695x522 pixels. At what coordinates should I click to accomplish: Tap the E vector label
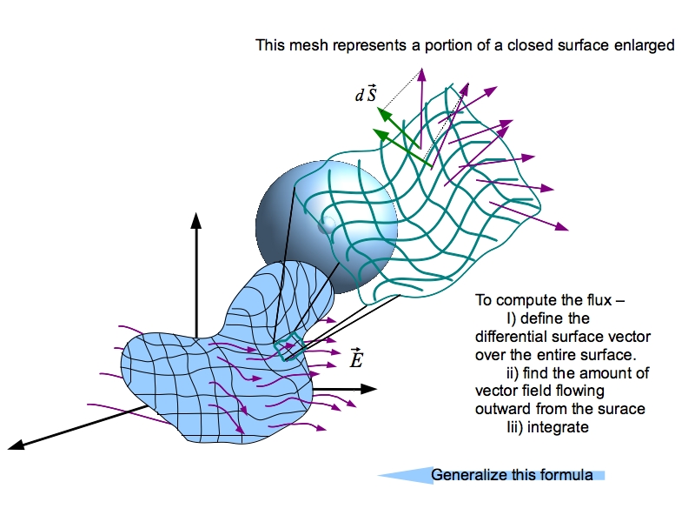355,358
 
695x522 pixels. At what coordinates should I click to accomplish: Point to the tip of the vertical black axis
196,216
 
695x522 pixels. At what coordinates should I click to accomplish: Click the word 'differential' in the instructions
506,337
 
